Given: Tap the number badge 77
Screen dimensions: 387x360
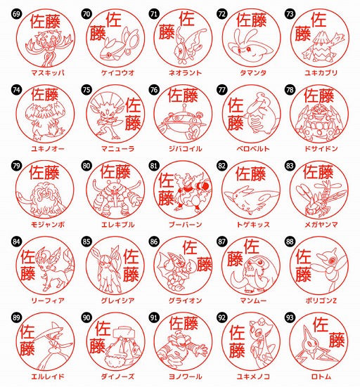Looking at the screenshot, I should click(x=222, y=90).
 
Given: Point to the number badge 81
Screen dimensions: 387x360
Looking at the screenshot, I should click(x=155, y=166).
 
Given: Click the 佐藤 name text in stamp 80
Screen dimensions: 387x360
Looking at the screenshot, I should click(x=115, y=171).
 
